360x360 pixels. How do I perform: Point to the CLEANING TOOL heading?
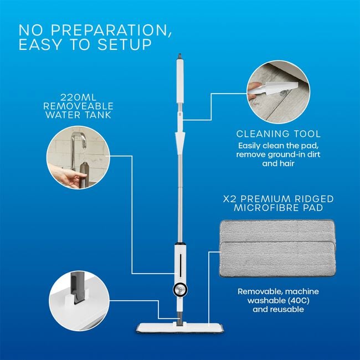[279, 134]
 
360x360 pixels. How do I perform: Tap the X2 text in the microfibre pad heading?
[228, 198]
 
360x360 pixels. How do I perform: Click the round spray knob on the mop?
[179, 289]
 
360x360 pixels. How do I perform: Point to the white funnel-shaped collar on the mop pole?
[179, 139]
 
